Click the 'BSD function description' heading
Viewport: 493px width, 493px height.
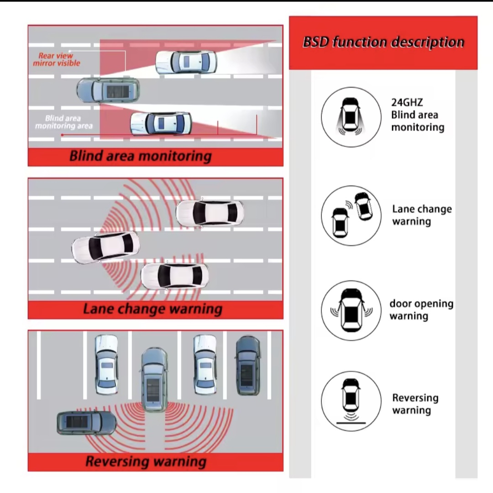(x=383, y=42)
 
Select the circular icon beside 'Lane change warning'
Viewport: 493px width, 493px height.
(x=351, y=215)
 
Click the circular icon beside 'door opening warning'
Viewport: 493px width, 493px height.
(x=351, y=310)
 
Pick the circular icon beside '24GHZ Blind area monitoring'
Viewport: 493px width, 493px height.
(x=351, y=117)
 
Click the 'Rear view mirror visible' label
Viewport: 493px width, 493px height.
(x=56, y=59)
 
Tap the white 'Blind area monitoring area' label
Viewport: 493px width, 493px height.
(x=63, y=122)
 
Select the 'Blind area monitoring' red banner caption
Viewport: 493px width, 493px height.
(x=141, y=156)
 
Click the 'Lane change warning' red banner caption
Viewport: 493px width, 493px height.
(x=152, y=309)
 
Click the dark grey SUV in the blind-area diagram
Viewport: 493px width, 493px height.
(x=108, y=90)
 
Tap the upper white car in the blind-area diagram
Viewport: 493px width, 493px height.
(x=186, y=62)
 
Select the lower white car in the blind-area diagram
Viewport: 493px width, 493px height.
(x=161, y=123)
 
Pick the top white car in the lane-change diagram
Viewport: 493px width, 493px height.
(x=210, y=213)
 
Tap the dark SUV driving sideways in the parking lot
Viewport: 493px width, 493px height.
(x=86, y=423)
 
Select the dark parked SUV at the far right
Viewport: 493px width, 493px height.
(x=248, y=365)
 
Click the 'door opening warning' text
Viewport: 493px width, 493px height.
(x=421, y=309)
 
